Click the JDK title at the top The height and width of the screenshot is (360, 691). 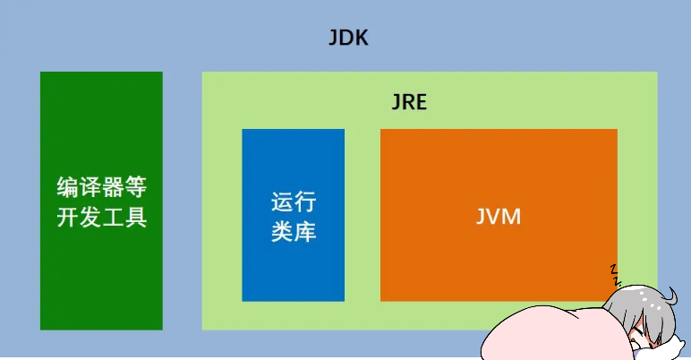tap(348, 39)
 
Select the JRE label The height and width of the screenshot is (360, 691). tap(409, 101)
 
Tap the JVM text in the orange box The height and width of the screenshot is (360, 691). tap(499, 216)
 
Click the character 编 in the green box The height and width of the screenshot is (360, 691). tap(68, 188)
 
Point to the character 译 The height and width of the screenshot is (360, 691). tap(90, 188)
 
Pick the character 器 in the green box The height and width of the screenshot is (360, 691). tap(113, 188)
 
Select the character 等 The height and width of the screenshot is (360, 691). tap(135, 188)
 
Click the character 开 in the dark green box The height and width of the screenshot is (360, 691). tap(68, 218)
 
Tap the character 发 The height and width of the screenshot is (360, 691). tap(90, 218)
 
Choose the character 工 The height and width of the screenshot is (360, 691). tap(113, 218)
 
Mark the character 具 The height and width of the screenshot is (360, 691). tap(135, 218)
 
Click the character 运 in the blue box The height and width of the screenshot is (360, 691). tap(282, 202)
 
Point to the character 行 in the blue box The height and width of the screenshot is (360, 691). tap(305, 202)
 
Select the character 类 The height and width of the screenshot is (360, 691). tap(282, 232)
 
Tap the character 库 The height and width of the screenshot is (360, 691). tap(305, 232)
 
